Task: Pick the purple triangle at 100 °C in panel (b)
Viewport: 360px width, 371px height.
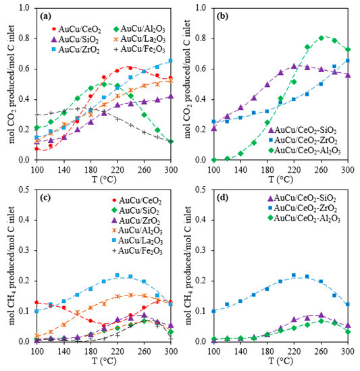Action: (x=214, y=127)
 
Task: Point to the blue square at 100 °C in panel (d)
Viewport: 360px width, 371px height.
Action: (x=214, y=311)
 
